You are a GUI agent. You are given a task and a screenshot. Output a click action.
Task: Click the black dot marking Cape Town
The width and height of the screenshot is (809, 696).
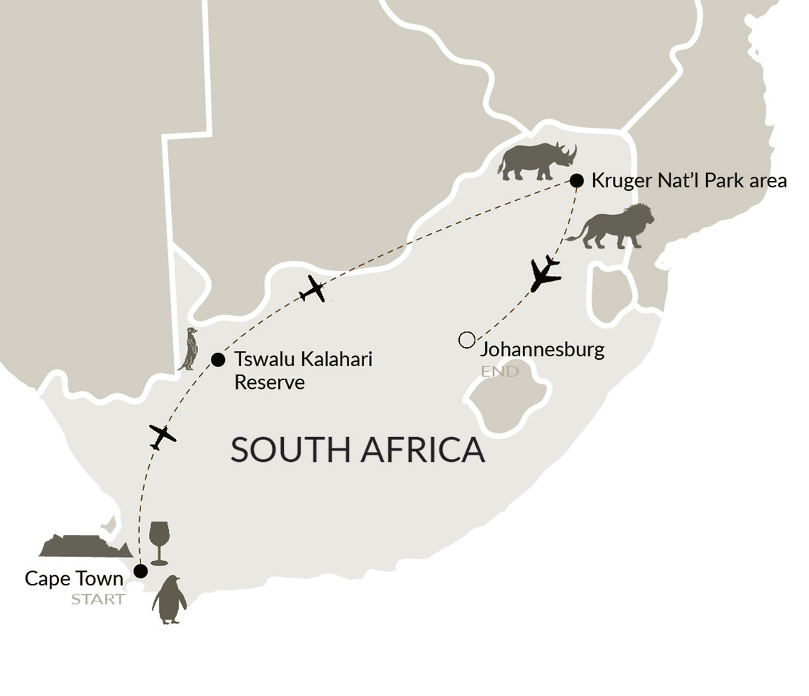[x=141, y=570]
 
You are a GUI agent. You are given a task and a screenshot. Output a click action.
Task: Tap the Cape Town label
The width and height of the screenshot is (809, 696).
[x=74, y=578]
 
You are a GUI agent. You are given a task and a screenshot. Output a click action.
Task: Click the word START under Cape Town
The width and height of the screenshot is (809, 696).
[x=98, y=600]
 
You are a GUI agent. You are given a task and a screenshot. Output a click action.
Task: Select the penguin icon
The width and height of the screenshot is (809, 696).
[x=169, y=600]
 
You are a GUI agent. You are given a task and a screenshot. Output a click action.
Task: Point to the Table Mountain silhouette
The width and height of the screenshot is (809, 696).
[x=84, y=546]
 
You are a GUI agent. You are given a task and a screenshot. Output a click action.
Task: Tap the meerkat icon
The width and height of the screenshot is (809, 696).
[x=189, y=349]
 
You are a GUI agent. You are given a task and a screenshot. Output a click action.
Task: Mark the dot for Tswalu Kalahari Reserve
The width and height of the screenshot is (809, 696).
[x=218, y=360]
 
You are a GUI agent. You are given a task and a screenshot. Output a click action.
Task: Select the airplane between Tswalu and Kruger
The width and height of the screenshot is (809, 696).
[x=312, y=289]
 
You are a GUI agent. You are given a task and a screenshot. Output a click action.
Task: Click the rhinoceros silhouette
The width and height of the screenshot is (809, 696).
[x=536, y=161]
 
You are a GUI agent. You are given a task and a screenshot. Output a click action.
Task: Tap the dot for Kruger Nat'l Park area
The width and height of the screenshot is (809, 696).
[x=577, y=180]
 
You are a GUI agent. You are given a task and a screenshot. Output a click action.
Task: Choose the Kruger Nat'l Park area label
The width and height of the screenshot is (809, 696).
[x=688, y=180]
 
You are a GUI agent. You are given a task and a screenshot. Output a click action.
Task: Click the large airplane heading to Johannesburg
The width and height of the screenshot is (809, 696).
[x=545, y=274]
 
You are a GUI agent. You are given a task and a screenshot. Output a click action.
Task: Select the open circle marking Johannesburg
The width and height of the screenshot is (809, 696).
[x=466, y=341]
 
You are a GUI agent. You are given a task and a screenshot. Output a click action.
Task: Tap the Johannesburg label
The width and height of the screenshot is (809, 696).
[x=542, y=349]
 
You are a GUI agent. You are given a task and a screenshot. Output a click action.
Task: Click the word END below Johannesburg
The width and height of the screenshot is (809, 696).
[x=499, y=371]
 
